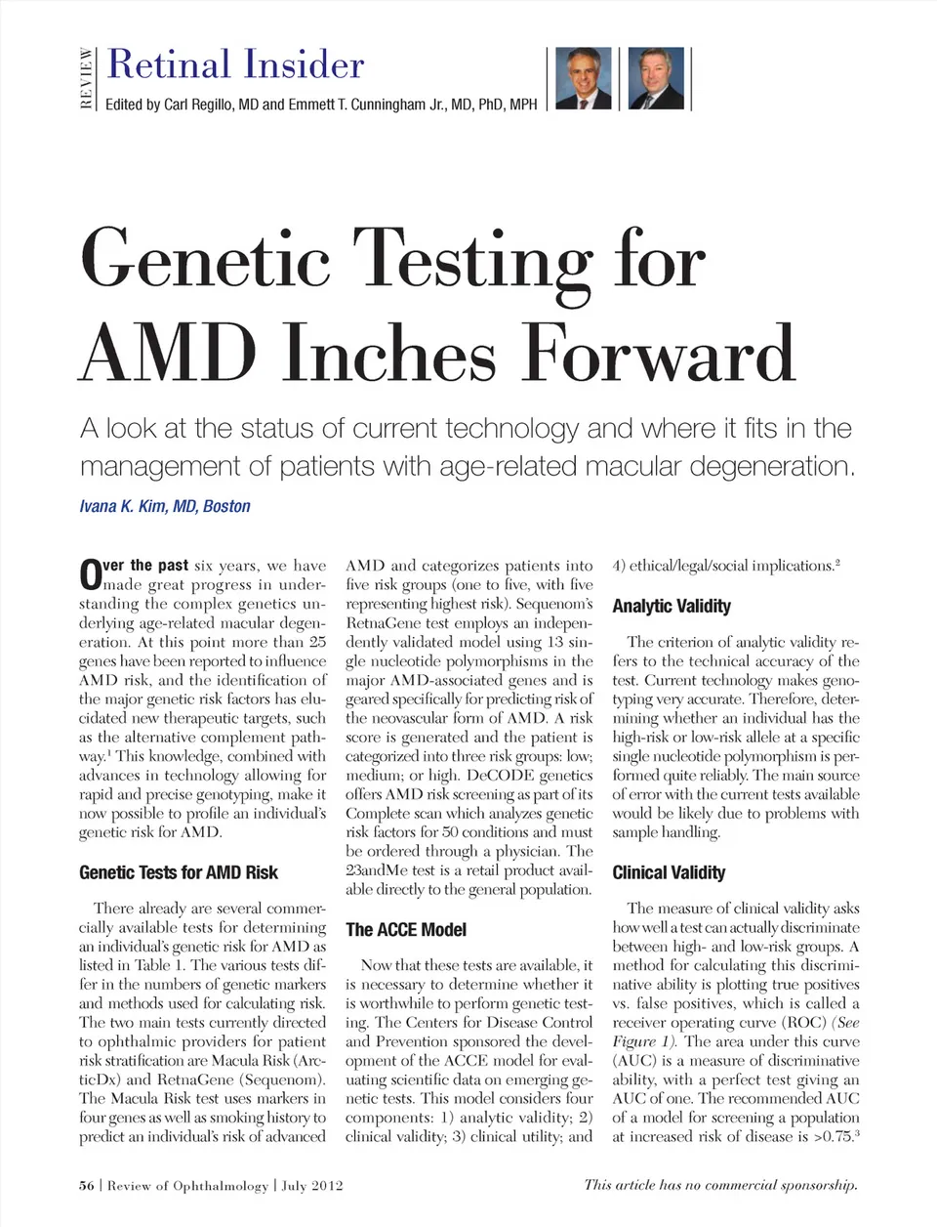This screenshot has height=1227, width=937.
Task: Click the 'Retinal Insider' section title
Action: coord(235,64)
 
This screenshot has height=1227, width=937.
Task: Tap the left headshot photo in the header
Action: coord(583,78)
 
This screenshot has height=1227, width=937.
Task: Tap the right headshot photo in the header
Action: coord(656,78)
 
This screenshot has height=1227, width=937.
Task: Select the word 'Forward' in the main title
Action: coord(659,353)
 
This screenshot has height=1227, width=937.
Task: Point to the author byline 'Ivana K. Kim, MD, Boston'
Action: coord(165,506)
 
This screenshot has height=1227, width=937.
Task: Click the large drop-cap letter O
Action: coord(90,574)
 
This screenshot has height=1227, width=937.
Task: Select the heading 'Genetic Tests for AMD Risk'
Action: coord(179,872)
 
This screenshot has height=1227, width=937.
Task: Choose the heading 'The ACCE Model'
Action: coord(406,929)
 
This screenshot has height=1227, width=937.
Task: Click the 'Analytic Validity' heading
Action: coord(672,606)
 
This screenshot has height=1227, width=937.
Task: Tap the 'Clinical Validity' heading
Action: coord(669,872)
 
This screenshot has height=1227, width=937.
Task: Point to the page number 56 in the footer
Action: coord(87,1185)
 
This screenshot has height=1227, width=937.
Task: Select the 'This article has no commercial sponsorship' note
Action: coord(720,1185)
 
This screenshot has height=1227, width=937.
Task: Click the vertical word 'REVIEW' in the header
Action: coord(87,78)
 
